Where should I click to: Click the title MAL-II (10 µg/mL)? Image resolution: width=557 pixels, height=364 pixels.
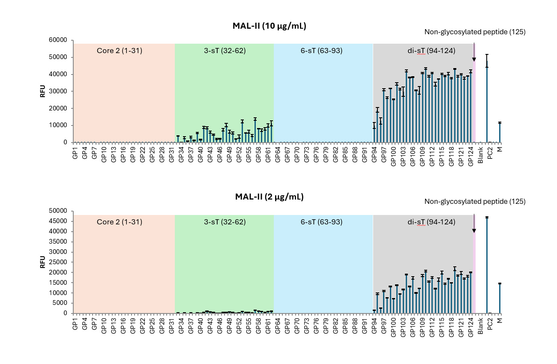pos(270,26)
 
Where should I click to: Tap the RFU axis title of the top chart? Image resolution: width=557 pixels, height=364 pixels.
pos(43,91)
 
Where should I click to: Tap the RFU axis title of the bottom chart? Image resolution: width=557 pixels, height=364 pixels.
pos(43,262)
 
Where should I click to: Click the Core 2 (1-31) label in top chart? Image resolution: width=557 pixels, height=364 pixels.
pos(120,51)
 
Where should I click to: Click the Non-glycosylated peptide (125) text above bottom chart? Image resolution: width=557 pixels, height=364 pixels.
pos(475,201)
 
